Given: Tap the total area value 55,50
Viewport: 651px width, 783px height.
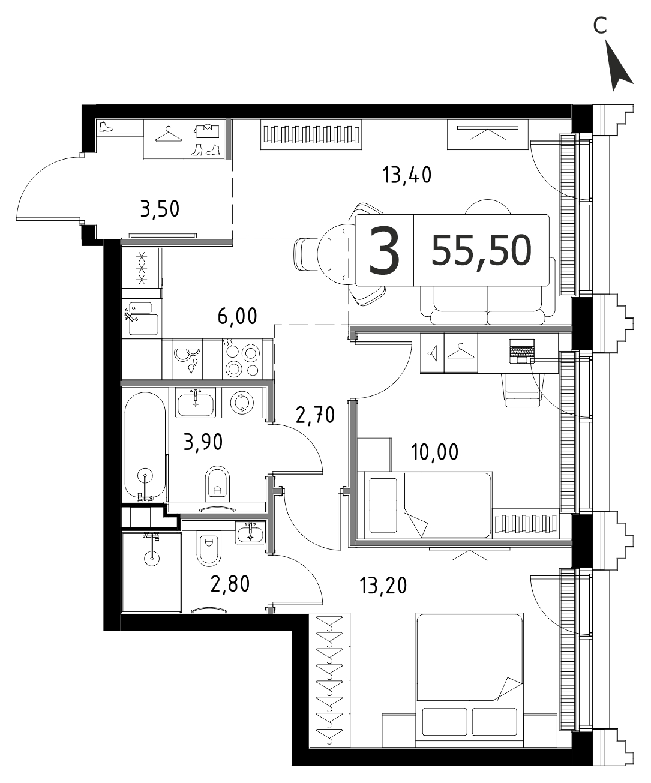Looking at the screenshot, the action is (x=481, y=251).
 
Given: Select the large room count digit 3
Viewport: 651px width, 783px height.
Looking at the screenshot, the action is (x=384, y=251).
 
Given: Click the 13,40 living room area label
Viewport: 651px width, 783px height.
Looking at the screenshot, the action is (x=407, y=175).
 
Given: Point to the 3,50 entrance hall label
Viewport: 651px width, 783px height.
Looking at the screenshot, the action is (x=160, y=209).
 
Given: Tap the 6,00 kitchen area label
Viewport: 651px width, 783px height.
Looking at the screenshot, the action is (x=238, y=316).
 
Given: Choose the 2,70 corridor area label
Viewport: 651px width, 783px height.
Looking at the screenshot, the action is (x=316, y=415).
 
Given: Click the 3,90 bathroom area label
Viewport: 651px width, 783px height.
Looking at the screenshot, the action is (x=203, y=442).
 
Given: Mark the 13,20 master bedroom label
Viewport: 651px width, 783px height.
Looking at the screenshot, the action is (x=383, y=586).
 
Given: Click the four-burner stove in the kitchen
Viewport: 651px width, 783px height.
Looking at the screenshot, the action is (x=241, y=359).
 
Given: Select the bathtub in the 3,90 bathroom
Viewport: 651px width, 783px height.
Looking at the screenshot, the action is (x=145, y=446).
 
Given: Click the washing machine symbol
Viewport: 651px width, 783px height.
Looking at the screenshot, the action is (x=242, y=403).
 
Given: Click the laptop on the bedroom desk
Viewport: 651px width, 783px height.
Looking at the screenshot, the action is (x=522, y=351).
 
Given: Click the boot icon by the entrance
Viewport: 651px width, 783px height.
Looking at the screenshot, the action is (x=106, y=127).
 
